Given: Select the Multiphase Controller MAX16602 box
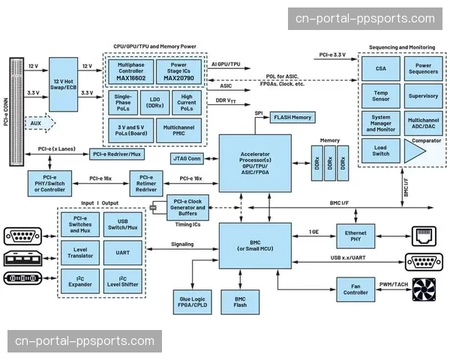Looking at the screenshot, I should [130, 72].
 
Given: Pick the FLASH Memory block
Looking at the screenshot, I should [292, 118].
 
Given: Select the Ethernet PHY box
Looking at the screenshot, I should [355, 237].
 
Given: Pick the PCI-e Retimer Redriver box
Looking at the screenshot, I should [147, 183].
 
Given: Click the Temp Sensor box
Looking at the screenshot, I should [381, 97].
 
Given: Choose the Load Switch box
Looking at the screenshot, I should [381, 149].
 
